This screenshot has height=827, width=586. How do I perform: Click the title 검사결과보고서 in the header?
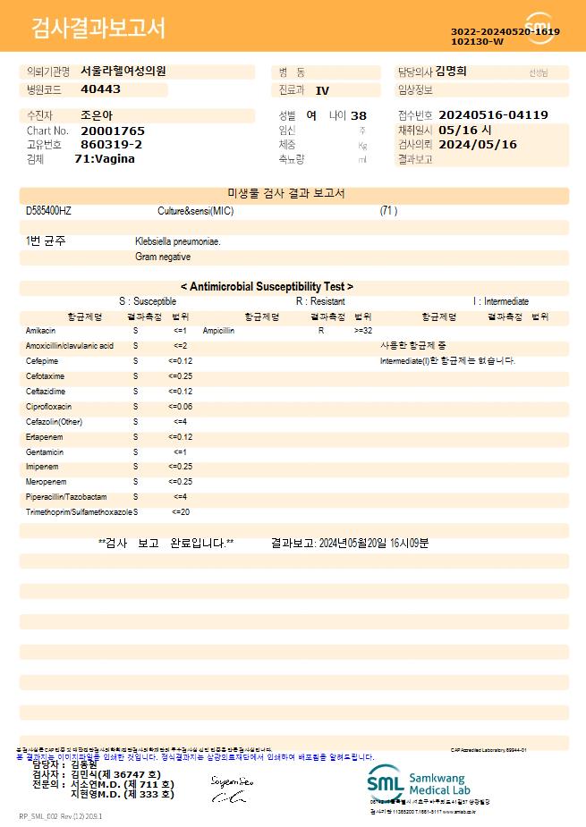pos(98,29)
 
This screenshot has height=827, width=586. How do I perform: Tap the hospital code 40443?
pos(100,89)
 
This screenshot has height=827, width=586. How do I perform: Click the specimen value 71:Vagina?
pos(105,159)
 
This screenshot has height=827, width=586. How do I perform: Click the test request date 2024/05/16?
pos(478,144)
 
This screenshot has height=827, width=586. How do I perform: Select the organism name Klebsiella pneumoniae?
pos(178,241)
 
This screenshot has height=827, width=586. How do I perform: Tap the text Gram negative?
pos(163,257)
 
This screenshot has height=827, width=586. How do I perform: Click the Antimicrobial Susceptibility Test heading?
pos(267,287)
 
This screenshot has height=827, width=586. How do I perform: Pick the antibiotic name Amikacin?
pos(41,331)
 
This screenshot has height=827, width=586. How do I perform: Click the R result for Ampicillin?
pos(320,331)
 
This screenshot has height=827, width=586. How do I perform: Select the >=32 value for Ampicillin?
pos(363,331)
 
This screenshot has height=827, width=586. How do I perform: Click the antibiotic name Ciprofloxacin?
pos(49,407)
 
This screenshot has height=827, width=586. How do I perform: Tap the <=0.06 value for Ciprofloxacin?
pos(181,407)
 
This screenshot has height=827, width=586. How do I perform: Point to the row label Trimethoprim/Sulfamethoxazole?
pos(79,512)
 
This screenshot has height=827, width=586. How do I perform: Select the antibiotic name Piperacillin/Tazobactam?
pos(66,497)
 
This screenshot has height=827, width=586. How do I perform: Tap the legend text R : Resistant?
pos(320,302)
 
